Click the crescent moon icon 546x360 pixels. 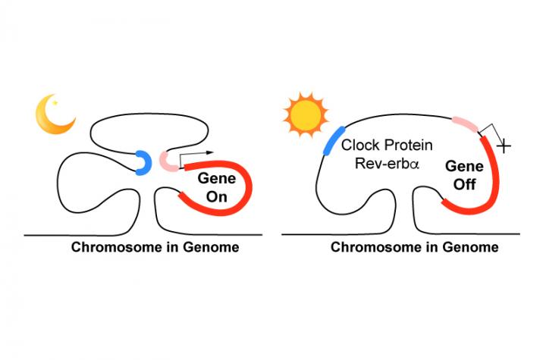52,116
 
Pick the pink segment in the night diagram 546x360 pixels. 167,161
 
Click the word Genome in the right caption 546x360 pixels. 473,248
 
